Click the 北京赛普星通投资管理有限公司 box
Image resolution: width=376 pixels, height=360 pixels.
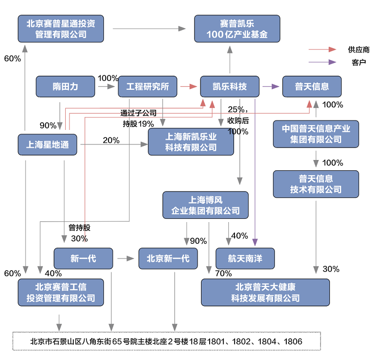pyautogui.click(x=61, y=28)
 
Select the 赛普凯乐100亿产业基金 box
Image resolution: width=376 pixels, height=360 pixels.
pyautogui.click(x=237, y=28)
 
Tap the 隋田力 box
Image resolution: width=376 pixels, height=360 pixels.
pyautogui.click(x=65, y=87)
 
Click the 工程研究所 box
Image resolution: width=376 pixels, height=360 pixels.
pyautogui.click(x=148, y=87)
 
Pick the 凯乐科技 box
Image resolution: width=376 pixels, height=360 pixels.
pyautogui.click(x=230, y=87)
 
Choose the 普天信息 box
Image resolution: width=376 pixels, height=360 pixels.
pyautogui.click(x=312, y=87)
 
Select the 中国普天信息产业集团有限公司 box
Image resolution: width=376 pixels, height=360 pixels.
pyautogui.click(x=316, y=133)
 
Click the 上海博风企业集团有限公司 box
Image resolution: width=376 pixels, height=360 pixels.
pyautogui.click(x=205, y=205)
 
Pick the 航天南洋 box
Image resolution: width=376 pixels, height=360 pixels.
pyautogui.click(x=245, y=258)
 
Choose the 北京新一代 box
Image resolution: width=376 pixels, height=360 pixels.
pyautogui.click(x=168, y=258)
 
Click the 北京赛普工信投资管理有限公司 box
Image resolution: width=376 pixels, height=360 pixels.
pyautogui.click(x=61, y=292)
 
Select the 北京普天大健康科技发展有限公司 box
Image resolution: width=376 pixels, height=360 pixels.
pyautogui.click(x=266, y=292)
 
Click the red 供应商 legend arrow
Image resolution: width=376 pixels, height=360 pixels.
pyautogui.click(x=322, y=49)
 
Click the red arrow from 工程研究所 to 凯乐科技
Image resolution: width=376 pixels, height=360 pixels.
pyautogui.click(x=188, y=87)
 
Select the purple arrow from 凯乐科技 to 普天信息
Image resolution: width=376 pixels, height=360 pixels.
pyautogui.click(x=271, y=87)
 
